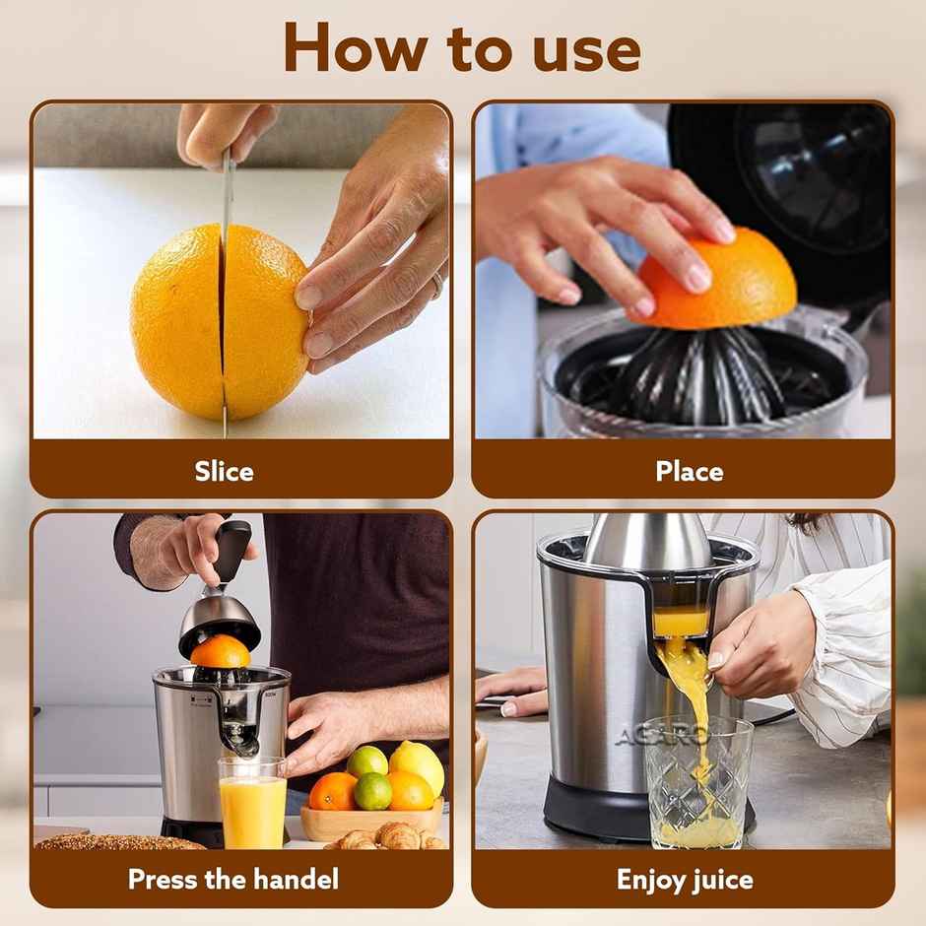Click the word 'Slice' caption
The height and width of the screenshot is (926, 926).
click(x=224, y=471)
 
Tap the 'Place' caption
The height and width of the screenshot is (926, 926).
click(x=689, y=471)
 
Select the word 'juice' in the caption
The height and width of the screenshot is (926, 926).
click(x=723, y=879)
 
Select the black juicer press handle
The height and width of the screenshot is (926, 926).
click(x=232, y=552)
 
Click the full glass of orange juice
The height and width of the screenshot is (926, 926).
click(x=252, y=803)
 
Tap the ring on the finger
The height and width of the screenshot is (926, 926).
click(x=436, y=286)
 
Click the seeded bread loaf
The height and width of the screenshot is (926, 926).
click(x=118, y=842)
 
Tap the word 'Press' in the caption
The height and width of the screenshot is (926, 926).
click(x=165, y=879)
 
